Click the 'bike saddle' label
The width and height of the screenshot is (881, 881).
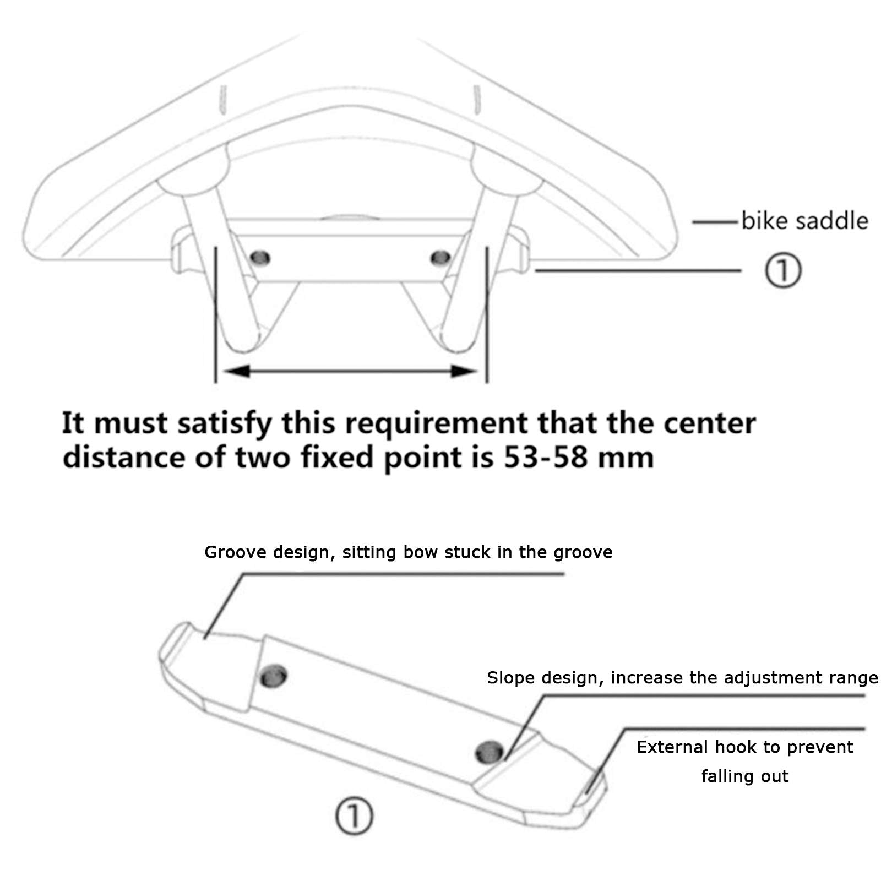804,221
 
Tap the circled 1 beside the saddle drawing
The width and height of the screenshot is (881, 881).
782,270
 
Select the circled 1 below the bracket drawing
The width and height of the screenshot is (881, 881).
354,817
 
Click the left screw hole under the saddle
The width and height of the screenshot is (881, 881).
260,257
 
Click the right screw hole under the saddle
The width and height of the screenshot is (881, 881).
440,257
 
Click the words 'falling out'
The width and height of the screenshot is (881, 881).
744,776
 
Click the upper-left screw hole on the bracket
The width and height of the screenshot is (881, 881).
273,675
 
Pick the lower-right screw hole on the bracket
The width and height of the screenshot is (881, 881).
490,751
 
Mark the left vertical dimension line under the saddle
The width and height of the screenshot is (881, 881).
215,314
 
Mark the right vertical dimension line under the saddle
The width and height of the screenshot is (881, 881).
487,314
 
